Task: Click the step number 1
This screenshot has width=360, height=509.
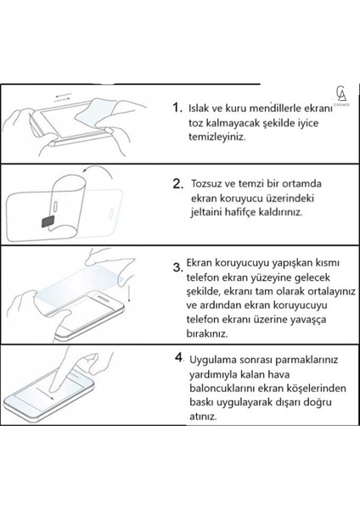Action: pos(177,108)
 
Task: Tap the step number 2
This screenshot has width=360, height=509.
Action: pos(178,182)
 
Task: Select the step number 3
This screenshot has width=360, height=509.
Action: pos(177,268)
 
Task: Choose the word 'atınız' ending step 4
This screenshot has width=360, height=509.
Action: pos(208,417)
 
